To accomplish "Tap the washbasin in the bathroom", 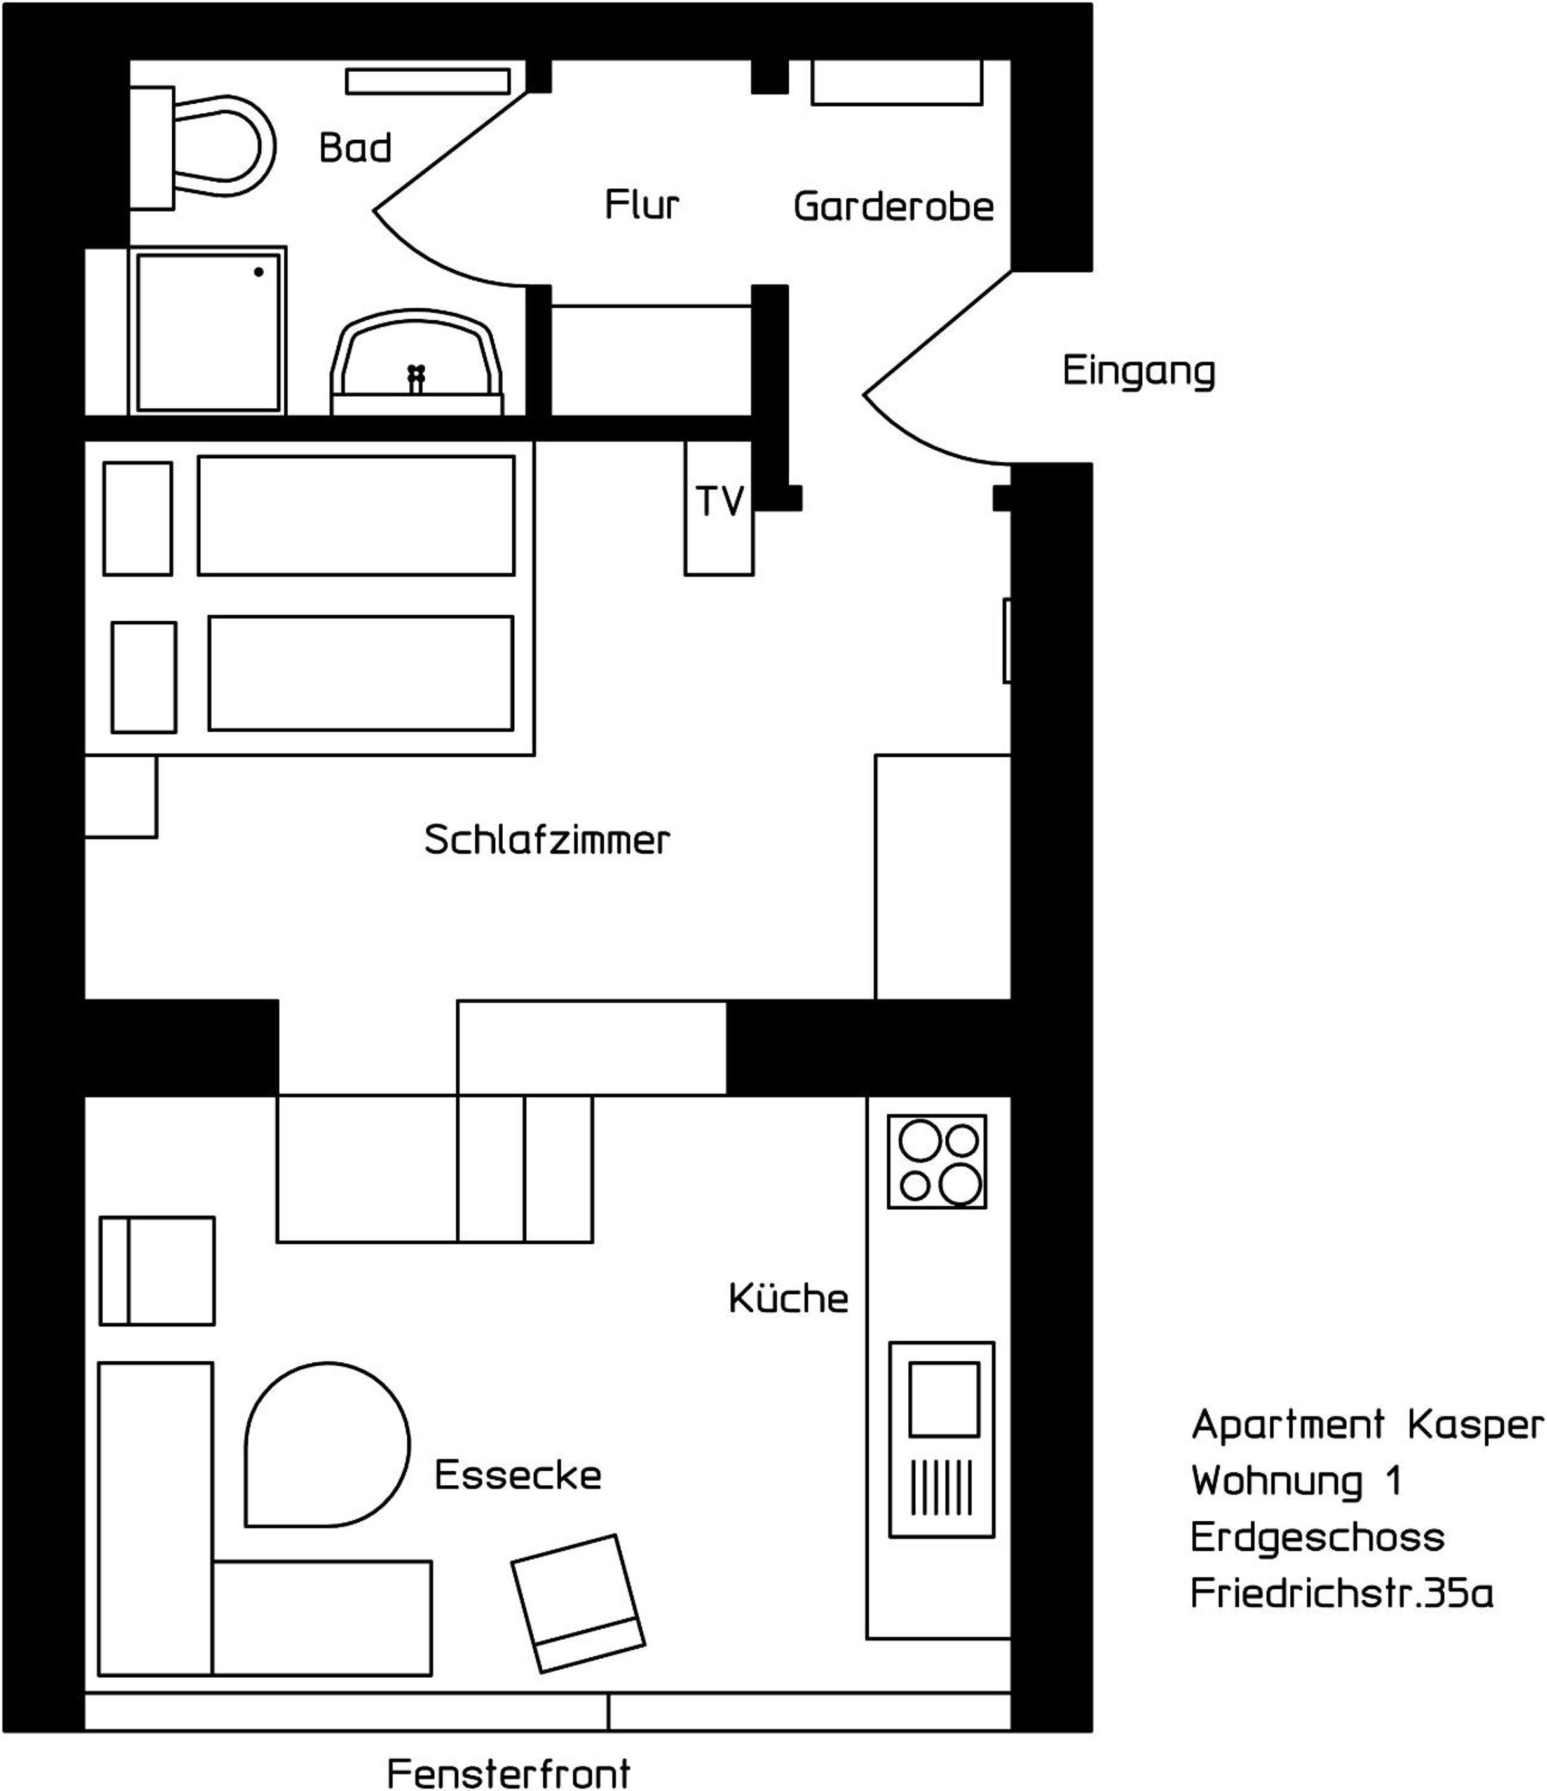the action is click(416, 363).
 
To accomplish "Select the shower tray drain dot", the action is click(259, 272).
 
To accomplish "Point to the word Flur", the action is click(642, 205).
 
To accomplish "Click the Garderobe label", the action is click(894, 207).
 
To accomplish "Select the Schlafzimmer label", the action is click(547, 839).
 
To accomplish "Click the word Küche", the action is click(788, 1298).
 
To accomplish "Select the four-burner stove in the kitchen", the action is click(937, 1162).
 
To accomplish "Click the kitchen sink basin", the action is click(944, 1399).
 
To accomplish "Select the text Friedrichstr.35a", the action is click(1341, 1593).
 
